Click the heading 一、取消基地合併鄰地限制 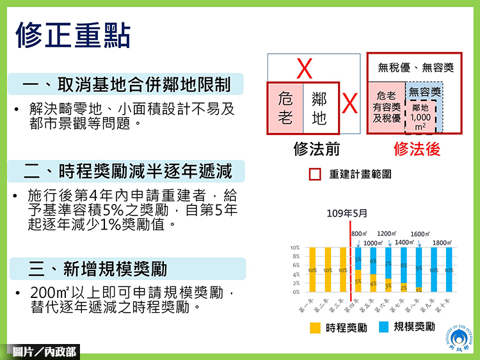point(127,85)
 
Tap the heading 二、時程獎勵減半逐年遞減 point(127,171)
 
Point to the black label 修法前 point(316,149)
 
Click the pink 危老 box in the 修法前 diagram point(285,108)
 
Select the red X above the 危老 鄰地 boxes point(305,68)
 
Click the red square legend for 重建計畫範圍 point(315,173)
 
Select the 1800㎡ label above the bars point(443,243)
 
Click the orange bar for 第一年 point(312,270)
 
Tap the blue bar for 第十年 point(449,270)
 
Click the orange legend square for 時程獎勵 point(315,327)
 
